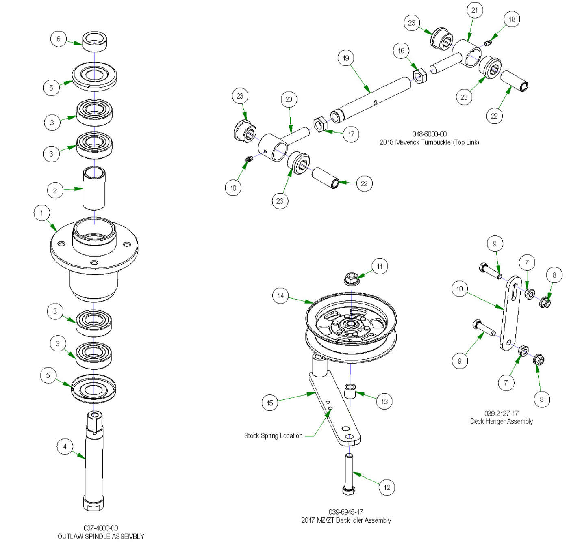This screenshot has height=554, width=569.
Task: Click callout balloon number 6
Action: point(59,39)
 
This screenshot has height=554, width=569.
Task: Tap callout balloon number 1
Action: point(41,213)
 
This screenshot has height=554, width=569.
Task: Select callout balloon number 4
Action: point(65,447)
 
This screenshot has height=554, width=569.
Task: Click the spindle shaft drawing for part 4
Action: point(94,463)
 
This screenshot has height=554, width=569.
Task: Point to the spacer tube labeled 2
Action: point(94,188)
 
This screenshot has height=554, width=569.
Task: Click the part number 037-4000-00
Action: point(101,528)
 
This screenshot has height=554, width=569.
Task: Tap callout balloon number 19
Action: point(346,58)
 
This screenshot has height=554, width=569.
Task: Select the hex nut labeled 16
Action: point(419,76)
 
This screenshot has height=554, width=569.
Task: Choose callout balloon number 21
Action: point(475,10)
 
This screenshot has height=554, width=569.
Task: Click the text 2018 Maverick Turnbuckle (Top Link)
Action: point(429,142)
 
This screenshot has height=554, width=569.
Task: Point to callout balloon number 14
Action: point(280,296)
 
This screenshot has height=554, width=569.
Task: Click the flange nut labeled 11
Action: point(351,279)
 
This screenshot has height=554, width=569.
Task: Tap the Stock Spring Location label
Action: point(273,436)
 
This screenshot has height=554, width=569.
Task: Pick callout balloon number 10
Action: point(460,289)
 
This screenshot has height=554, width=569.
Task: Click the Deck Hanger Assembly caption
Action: point(502,422)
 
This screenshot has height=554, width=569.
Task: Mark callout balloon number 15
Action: point(270,403)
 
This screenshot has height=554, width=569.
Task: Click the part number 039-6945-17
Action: point(346,512)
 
